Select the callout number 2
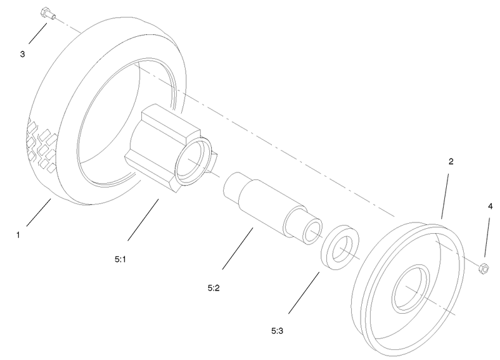(x=451, y=161)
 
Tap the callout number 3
(x=22, y=54)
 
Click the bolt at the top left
(x=47, y=13)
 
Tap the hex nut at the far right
(x=483, y=269)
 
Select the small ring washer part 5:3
(x=339, y=249)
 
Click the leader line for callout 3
(x=36, y=32)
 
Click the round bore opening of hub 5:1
(x=192, y=164)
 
